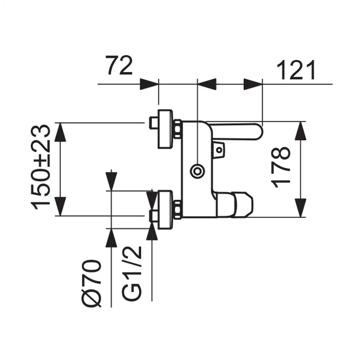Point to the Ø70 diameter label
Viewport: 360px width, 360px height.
click(91, 283)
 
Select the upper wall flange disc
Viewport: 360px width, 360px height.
click(165, 129)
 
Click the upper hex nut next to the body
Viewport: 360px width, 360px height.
click(177, 129)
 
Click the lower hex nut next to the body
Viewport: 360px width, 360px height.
click(177, 209)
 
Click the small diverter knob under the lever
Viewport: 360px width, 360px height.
click(219, 148)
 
